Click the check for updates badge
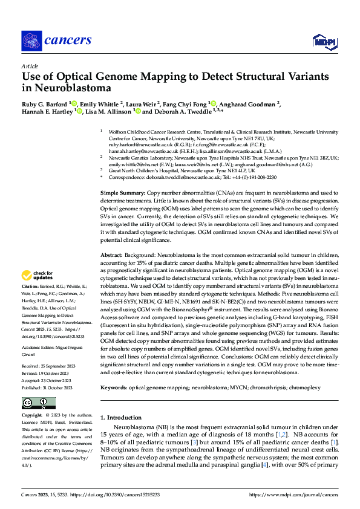coord(37,274)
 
